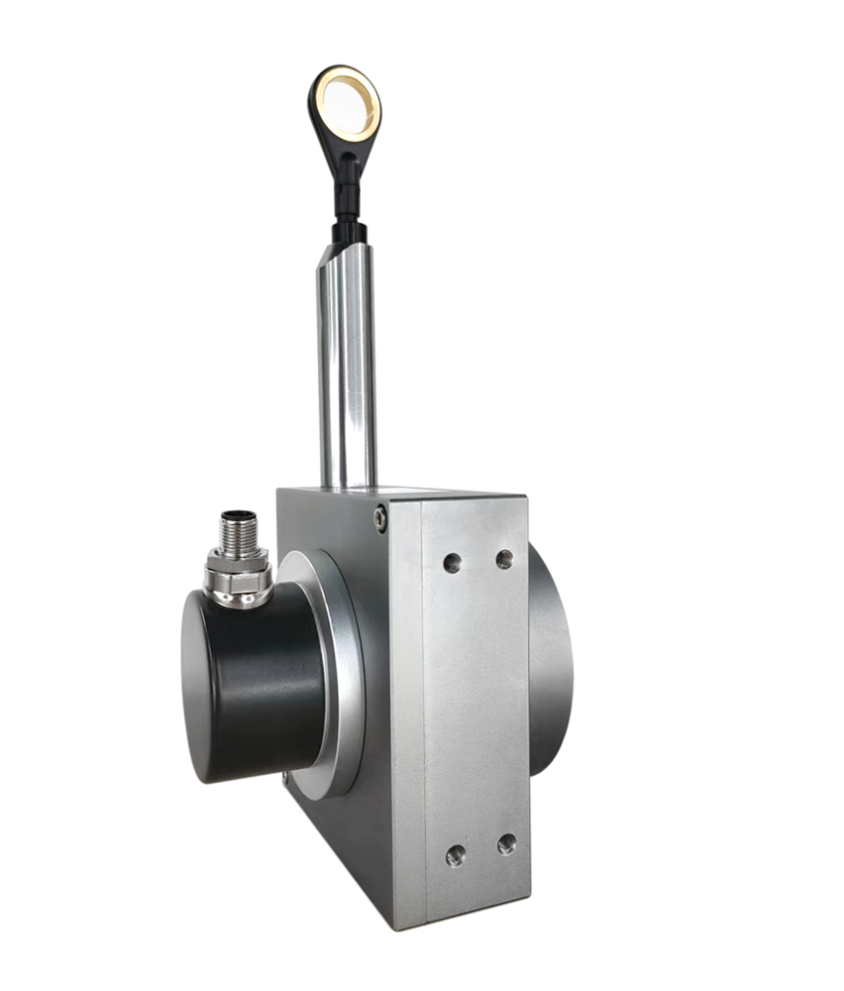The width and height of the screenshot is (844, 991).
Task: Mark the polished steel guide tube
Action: click(347, 377)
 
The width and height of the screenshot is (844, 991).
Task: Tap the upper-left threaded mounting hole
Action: click(452, 562)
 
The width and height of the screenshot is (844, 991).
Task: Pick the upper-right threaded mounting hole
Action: click(504, 559)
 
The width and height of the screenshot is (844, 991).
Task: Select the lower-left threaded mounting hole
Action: click(455, 854)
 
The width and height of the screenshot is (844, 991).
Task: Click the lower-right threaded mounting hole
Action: click(506, 844)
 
